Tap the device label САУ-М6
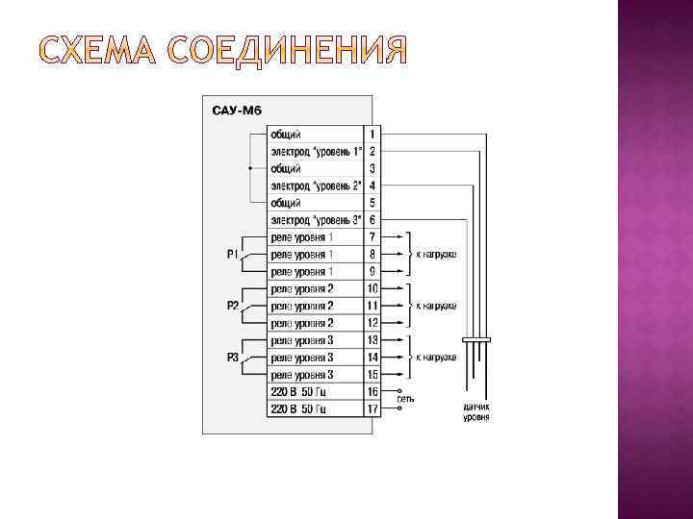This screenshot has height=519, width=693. tap(236, 111)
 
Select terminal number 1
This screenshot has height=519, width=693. tap(372, 134)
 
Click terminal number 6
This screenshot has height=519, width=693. tap(372, 219)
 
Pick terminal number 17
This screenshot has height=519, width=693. tap(372, 408)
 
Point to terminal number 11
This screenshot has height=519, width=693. tap(372, 306)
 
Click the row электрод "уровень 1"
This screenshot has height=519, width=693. tap(315, 151)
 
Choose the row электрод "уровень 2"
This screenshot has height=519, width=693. tap(315, 185)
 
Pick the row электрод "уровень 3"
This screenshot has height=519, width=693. tap(315, 219)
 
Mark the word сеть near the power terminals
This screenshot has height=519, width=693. tap(405, 398)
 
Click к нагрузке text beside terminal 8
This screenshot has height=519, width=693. tap(435, 255)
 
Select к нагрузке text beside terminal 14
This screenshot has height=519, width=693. tap(435, 358)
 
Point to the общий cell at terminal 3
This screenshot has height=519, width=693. tap(286, 168)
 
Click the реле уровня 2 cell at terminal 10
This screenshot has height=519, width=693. tap(302, 288)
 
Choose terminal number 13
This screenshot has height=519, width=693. tap(372, 340)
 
